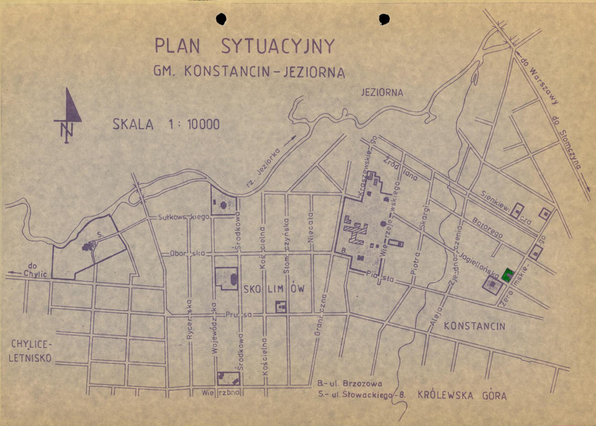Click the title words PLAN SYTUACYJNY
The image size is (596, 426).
tap(245, 46)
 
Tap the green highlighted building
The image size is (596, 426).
tap(507, 275)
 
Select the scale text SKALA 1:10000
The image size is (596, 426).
tap(166, 124)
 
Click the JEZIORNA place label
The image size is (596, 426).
tap(382, 93)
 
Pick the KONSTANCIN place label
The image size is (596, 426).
tap(474, 327)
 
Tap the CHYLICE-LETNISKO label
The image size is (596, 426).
tap(31, 351)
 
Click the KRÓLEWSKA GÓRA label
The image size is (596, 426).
tap(462, 396)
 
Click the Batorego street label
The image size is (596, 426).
tap(487, 227)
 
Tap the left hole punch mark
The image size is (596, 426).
tap(221, 19)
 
